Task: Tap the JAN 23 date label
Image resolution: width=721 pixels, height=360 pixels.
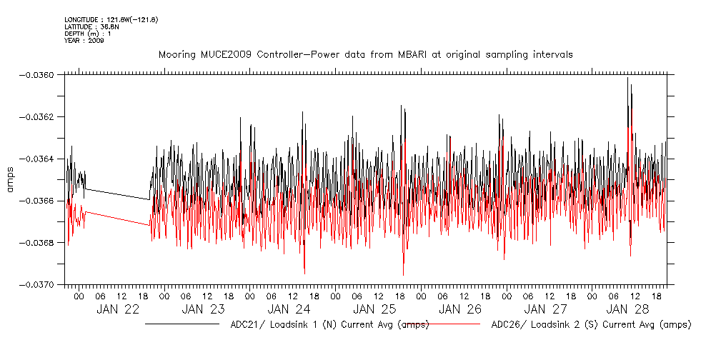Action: pos(203,309)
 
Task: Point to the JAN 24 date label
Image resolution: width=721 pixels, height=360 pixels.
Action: pos(289,309)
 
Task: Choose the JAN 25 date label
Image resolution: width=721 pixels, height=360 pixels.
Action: pos(374,309)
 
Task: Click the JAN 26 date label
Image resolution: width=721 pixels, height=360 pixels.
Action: pos(459,309)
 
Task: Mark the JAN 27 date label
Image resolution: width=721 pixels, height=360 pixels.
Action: pos(545,309)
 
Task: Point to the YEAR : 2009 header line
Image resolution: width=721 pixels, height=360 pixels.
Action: pos(84,41)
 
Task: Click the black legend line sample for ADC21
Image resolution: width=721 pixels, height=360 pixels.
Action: pos(182,324)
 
